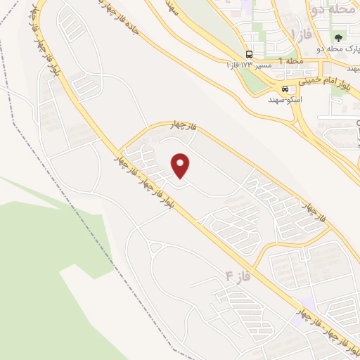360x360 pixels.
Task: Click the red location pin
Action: [181, 165]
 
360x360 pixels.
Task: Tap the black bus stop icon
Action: [249, 55]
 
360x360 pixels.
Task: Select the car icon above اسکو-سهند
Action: [285, 89]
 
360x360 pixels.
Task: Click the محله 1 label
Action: [291, 62]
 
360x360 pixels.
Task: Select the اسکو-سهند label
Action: [285, 100]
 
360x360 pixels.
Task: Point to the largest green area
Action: [42, 281]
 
